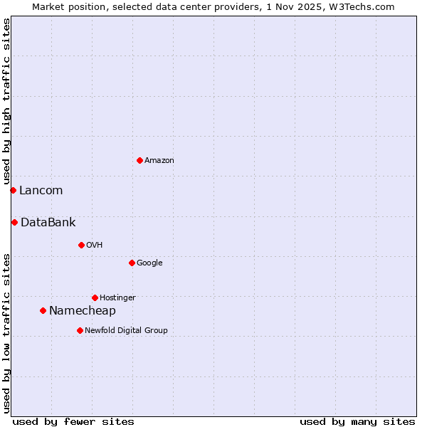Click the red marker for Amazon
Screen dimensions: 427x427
[x=139, y=160]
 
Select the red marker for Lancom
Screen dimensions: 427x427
[x=13, y=190]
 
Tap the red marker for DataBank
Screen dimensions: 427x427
[x=14, y=222]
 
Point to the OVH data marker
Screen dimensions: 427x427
[x=81, y=245]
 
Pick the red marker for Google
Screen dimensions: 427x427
[x=132, y=263]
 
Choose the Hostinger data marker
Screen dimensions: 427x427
[x=95, y=297]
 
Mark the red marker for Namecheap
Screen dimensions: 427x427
[x=43, y=310]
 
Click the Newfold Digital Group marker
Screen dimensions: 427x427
[x=80, y=330]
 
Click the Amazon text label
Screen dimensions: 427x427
[x=159, y=161]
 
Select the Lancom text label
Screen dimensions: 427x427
[x=41, y=191]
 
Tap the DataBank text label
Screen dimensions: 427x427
[x=48, y=223]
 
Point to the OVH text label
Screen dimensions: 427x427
[x=95, y=246]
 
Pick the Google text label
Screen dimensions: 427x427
[x=149, y=263]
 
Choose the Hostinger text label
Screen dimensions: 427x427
[x=117, y=298]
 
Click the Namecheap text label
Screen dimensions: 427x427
[x=82, y=311]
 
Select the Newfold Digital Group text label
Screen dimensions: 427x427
[x=126, y=331]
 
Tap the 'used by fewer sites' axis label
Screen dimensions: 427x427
[x=73, y=421]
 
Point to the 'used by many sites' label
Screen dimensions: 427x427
[x=357, y=421]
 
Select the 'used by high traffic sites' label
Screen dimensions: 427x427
[x=6, y=102]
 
